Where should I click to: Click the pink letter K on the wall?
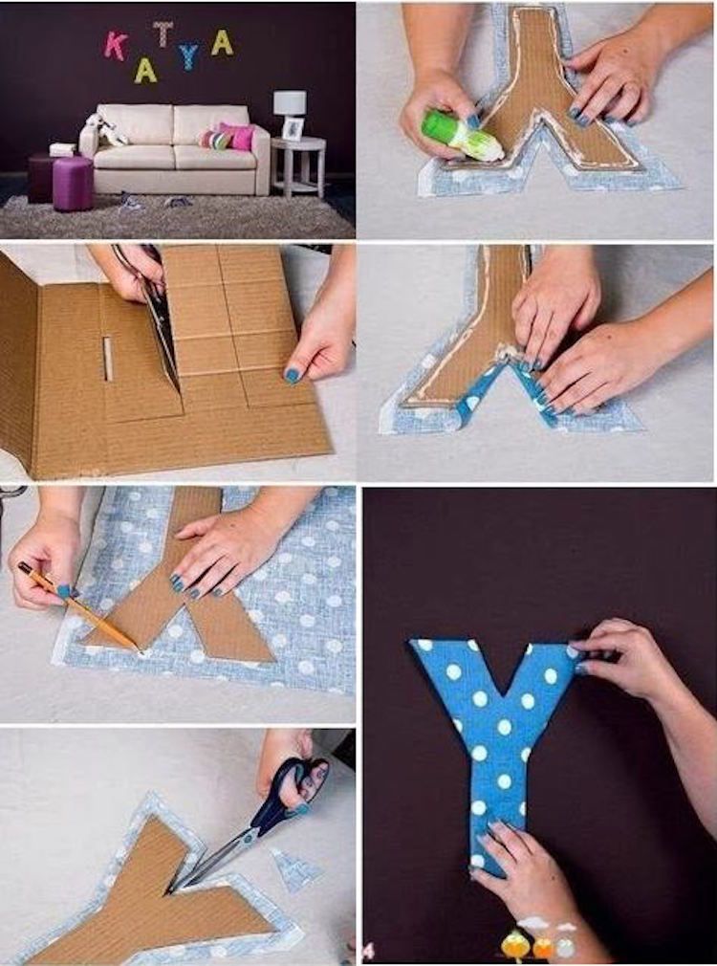tap(116, 46)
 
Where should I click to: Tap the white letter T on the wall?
tap(163, 33)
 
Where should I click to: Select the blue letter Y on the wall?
tap(188, 56)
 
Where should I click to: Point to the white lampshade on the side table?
tap(290, 102)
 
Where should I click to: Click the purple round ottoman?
tap(73, 183)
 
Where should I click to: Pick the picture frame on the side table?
tap(293, 129)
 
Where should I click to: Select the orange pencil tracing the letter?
tap(78, 606)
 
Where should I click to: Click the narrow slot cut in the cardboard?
tap(108, 359)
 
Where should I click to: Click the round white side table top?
tap(298, 144)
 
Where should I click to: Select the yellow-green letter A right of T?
tap(222, 42)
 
